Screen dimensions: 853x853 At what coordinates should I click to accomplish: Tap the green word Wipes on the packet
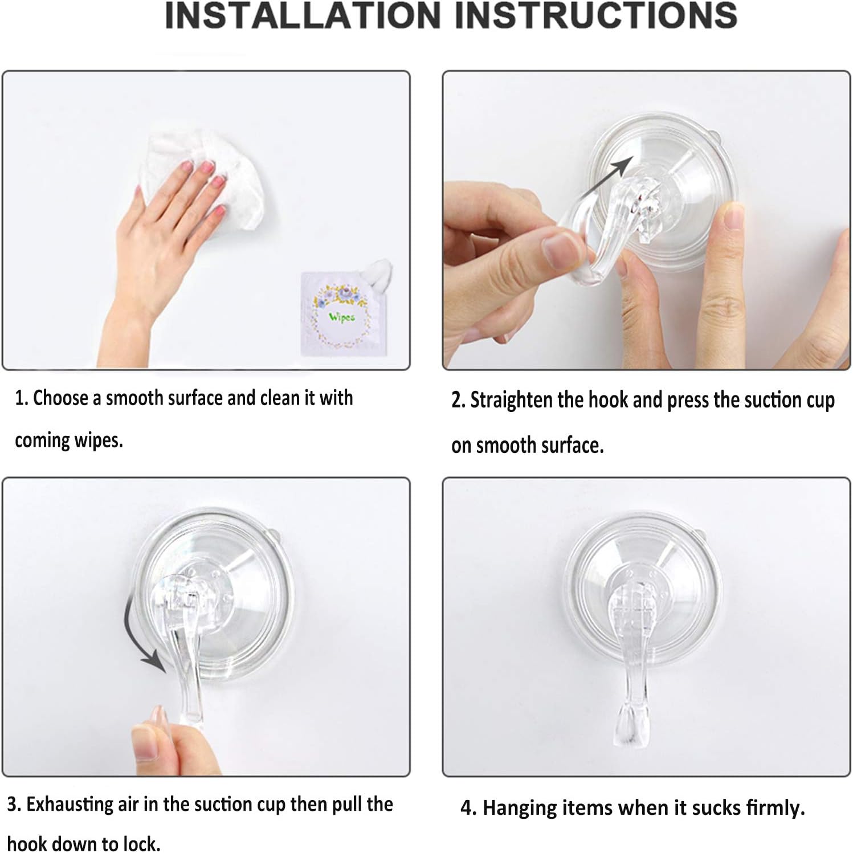pos(341,317)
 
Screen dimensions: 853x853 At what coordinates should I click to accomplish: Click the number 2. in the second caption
pos(458,401)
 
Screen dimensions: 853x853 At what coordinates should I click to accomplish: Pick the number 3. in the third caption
pos(14,805)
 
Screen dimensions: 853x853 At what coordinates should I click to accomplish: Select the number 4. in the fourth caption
pos(468,809)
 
